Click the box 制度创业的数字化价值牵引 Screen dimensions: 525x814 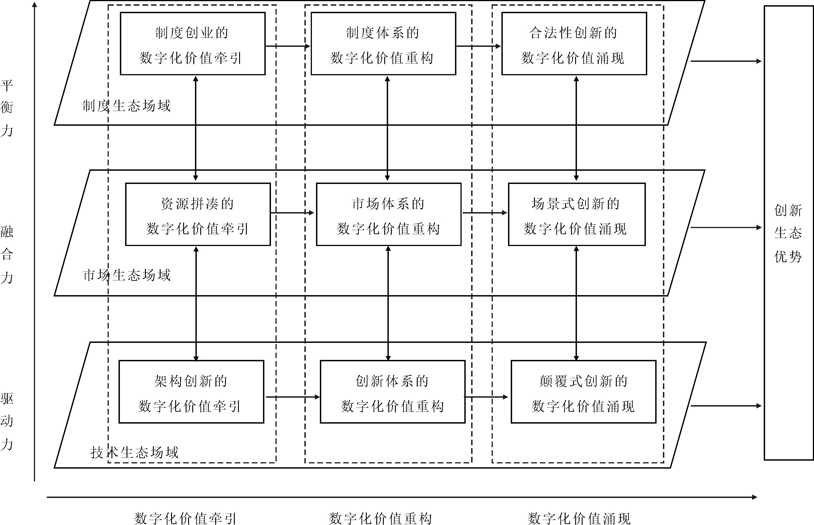coord(193,44)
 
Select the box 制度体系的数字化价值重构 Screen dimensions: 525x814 coord(383,44)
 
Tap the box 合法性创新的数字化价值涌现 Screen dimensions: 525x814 coord(574,44)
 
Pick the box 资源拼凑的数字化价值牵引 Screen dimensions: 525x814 coord(198,214)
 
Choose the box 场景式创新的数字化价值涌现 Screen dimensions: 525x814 coord(577,214)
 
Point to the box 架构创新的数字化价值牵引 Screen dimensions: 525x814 coord(191,392)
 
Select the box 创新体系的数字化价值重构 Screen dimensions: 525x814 coord(392,392)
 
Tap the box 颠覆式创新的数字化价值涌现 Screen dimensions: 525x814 coord(583,392)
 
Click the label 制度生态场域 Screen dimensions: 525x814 coord(126,106)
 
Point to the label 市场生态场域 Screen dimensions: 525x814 coord(126,275)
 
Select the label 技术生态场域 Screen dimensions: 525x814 coord(135,452)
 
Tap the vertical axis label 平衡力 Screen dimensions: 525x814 coord(7,108)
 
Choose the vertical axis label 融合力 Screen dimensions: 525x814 coord(7,254)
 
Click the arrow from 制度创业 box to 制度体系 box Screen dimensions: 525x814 coord(288,46)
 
